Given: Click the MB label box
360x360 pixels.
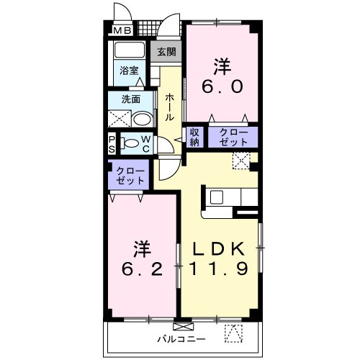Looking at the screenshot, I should click(x=120, y=31).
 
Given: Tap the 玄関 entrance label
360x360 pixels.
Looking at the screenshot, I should click(x=166, y=52).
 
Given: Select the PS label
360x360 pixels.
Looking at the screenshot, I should click(x=112, y=143).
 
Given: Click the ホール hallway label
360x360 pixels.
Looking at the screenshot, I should click(x=168, y=107).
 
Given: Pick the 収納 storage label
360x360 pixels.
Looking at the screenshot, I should click(x=194, y=137).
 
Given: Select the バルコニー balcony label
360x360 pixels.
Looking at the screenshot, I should click(x=181, y=338).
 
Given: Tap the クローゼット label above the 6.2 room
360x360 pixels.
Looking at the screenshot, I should click(x=129, y=176).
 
